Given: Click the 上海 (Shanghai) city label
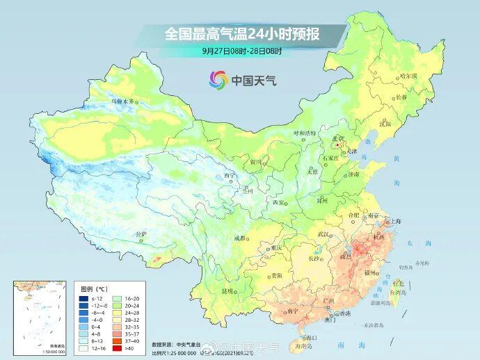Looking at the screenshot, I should coord(394,221).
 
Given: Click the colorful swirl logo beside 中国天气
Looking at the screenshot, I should coord(218,80).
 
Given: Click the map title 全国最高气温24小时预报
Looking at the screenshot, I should coord(246,33).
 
